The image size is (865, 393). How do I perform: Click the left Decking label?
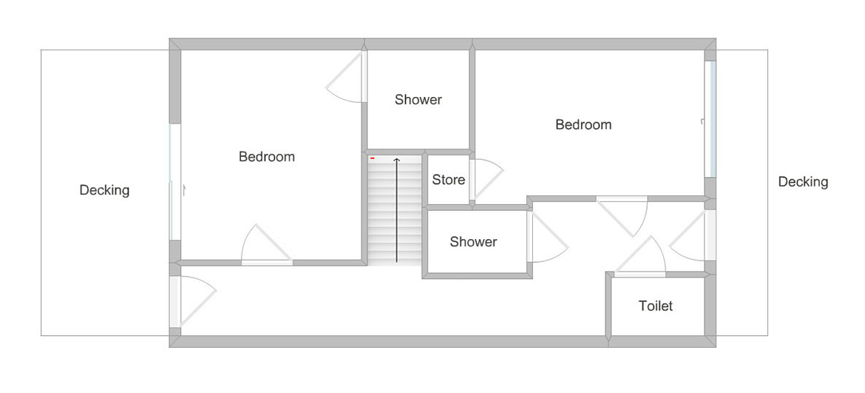pyautogui.click(x=104, y=190)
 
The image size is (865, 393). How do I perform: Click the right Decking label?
pyautogui.click(x=803, y=181)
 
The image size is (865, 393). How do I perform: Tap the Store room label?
pyautogui.click(x=448, y=179)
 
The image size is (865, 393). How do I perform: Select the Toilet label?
pyautogui.click(x=655, y=305)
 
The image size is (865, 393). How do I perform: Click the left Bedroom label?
pyautogui.click(x=266, y=157)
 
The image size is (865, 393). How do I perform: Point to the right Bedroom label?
pyautogui.click(x=583, y=125)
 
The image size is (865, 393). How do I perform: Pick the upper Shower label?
pyautogui.click(x=418, y=100)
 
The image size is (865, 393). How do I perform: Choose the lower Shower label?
pyautogui.click(x=473, y=242)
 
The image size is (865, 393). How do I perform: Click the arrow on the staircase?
pyautogui.click(x=396, y=209)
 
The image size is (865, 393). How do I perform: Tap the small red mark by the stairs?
pyautogui.click(x=373, y=158)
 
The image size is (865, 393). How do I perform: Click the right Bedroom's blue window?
pyautogui.click(x=712, y=118)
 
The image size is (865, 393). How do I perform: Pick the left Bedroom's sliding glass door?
pyautogui.click(x=174, y=182)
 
